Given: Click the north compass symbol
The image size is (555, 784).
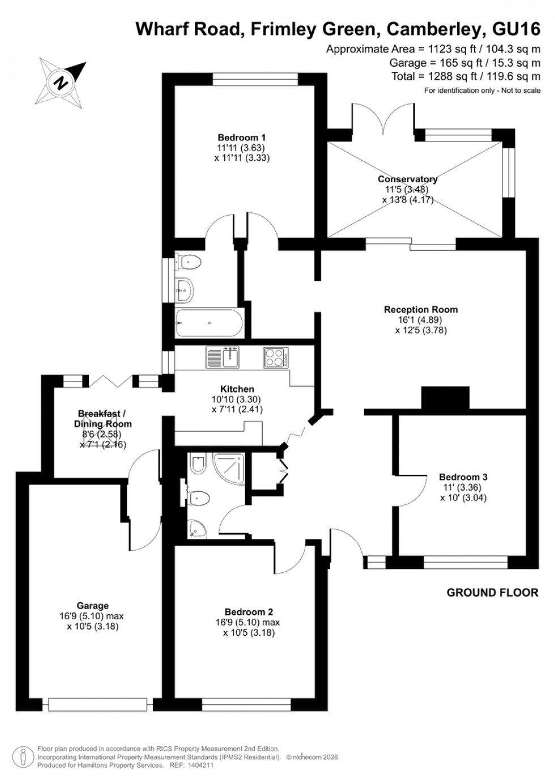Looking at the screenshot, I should tap(62, 80).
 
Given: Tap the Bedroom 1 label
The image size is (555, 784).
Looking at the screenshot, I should tap(242, 138).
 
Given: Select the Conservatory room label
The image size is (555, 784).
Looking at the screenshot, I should tap(408, 179).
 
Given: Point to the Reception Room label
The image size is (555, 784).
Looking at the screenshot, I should tap(421, 310).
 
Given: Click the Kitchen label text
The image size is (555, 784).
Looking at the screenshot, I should tap(237, 389).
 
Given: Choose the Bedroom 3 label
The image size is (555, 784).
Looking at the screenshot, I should tap(463, 477).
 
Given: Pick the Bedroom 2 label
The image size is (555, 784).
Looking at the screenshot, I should tap(249, 612).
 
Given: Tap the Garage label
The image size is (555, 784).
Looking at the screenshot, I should tap(93, 606).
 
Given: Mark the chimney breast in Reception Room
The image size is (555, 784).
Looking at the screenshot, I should tap(445, 397).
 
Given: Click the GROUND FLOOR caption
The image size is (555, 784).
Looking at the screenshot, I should tap(492, 593).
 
